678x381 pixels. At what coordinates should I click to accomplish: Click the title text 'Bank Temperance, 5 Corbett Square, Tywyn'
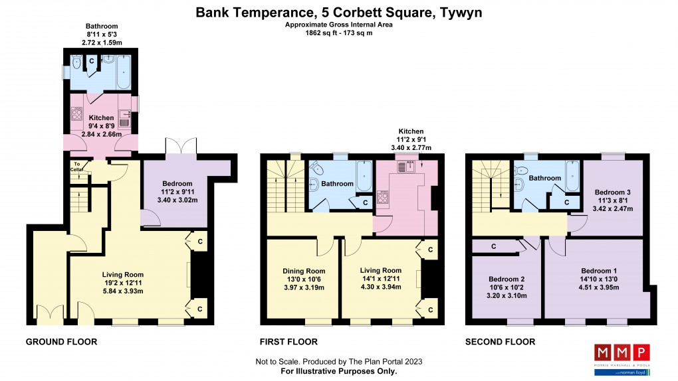click(x=339, y=13)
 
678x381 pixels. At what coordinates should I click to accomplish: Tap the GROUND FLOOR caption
click(x=61, y=342)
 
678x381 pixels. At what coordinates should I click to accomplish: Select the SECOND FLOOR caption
click(x=499, y=342)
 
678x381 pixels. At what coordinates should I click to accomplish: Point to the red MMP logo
click(x=621, y=352)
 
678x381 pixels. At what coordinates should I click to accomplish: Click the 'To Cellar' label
click(x=76, y=166)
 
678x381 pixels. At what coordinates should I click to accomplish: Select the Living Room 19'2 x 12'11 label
click(x=122, y=282)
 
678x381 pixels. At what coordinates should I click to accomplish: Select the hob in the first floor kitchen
click(x=383, y=197)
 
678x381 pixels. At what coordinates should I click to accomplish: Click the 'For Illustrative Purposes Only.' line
click(x=339, y=371)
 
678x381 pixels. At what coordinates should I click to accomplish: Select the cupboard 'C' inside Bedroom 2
click(x=493, y=247)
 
